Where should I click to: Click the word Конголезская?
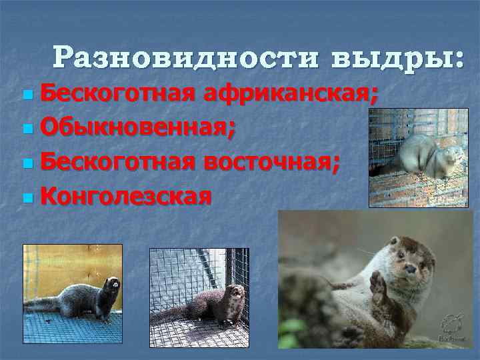[126, 196]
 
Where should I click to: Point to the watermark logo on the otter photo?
[452, 327]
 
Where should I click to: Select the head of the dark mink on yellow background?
[112, 287]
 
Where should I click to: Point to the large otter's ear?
[394, 241]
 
